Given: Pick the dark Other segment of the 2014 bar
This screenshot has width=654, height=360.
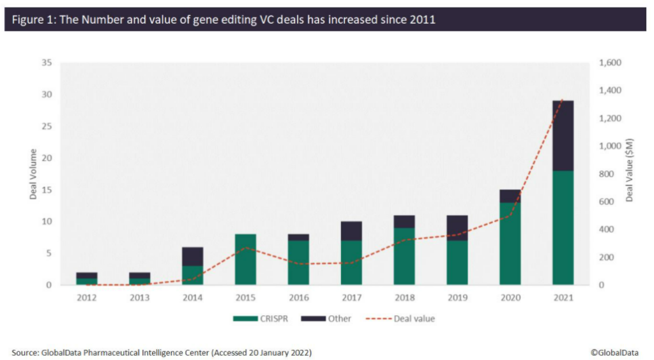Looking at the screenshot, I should pyautogui.click(x=193, y=256).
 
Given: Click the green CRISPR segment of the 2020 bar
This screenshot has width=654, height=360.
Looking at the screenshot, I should pyautogui.click(x=510, y=243).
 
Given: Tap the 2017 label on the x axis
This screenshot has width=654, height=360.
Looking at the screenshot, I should pyautogui.click(x=351, y=297).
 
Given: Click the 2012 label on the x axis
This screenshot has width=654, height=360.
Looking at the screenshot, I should pyautogui.click(x=87, y=297).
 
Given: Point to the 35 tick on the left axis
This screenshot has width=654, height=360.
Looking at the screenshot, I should pyautogui.click(x=47, y=63).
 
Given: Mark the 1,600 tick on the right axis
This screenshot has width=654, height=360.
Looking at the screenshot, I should pyautogui.click(x=610, y=63).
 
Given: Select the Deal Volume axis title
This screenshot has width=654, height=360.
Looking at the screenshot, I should pyautogui.click(x=33, y=174).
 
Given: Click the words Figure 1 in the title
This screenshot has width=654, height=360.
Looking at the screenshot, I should pyautogui.click(x=32, y=19).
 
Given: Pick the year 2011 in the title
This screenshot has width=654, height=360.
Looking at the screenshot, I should pyautogui.click(x=423, y=19).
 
